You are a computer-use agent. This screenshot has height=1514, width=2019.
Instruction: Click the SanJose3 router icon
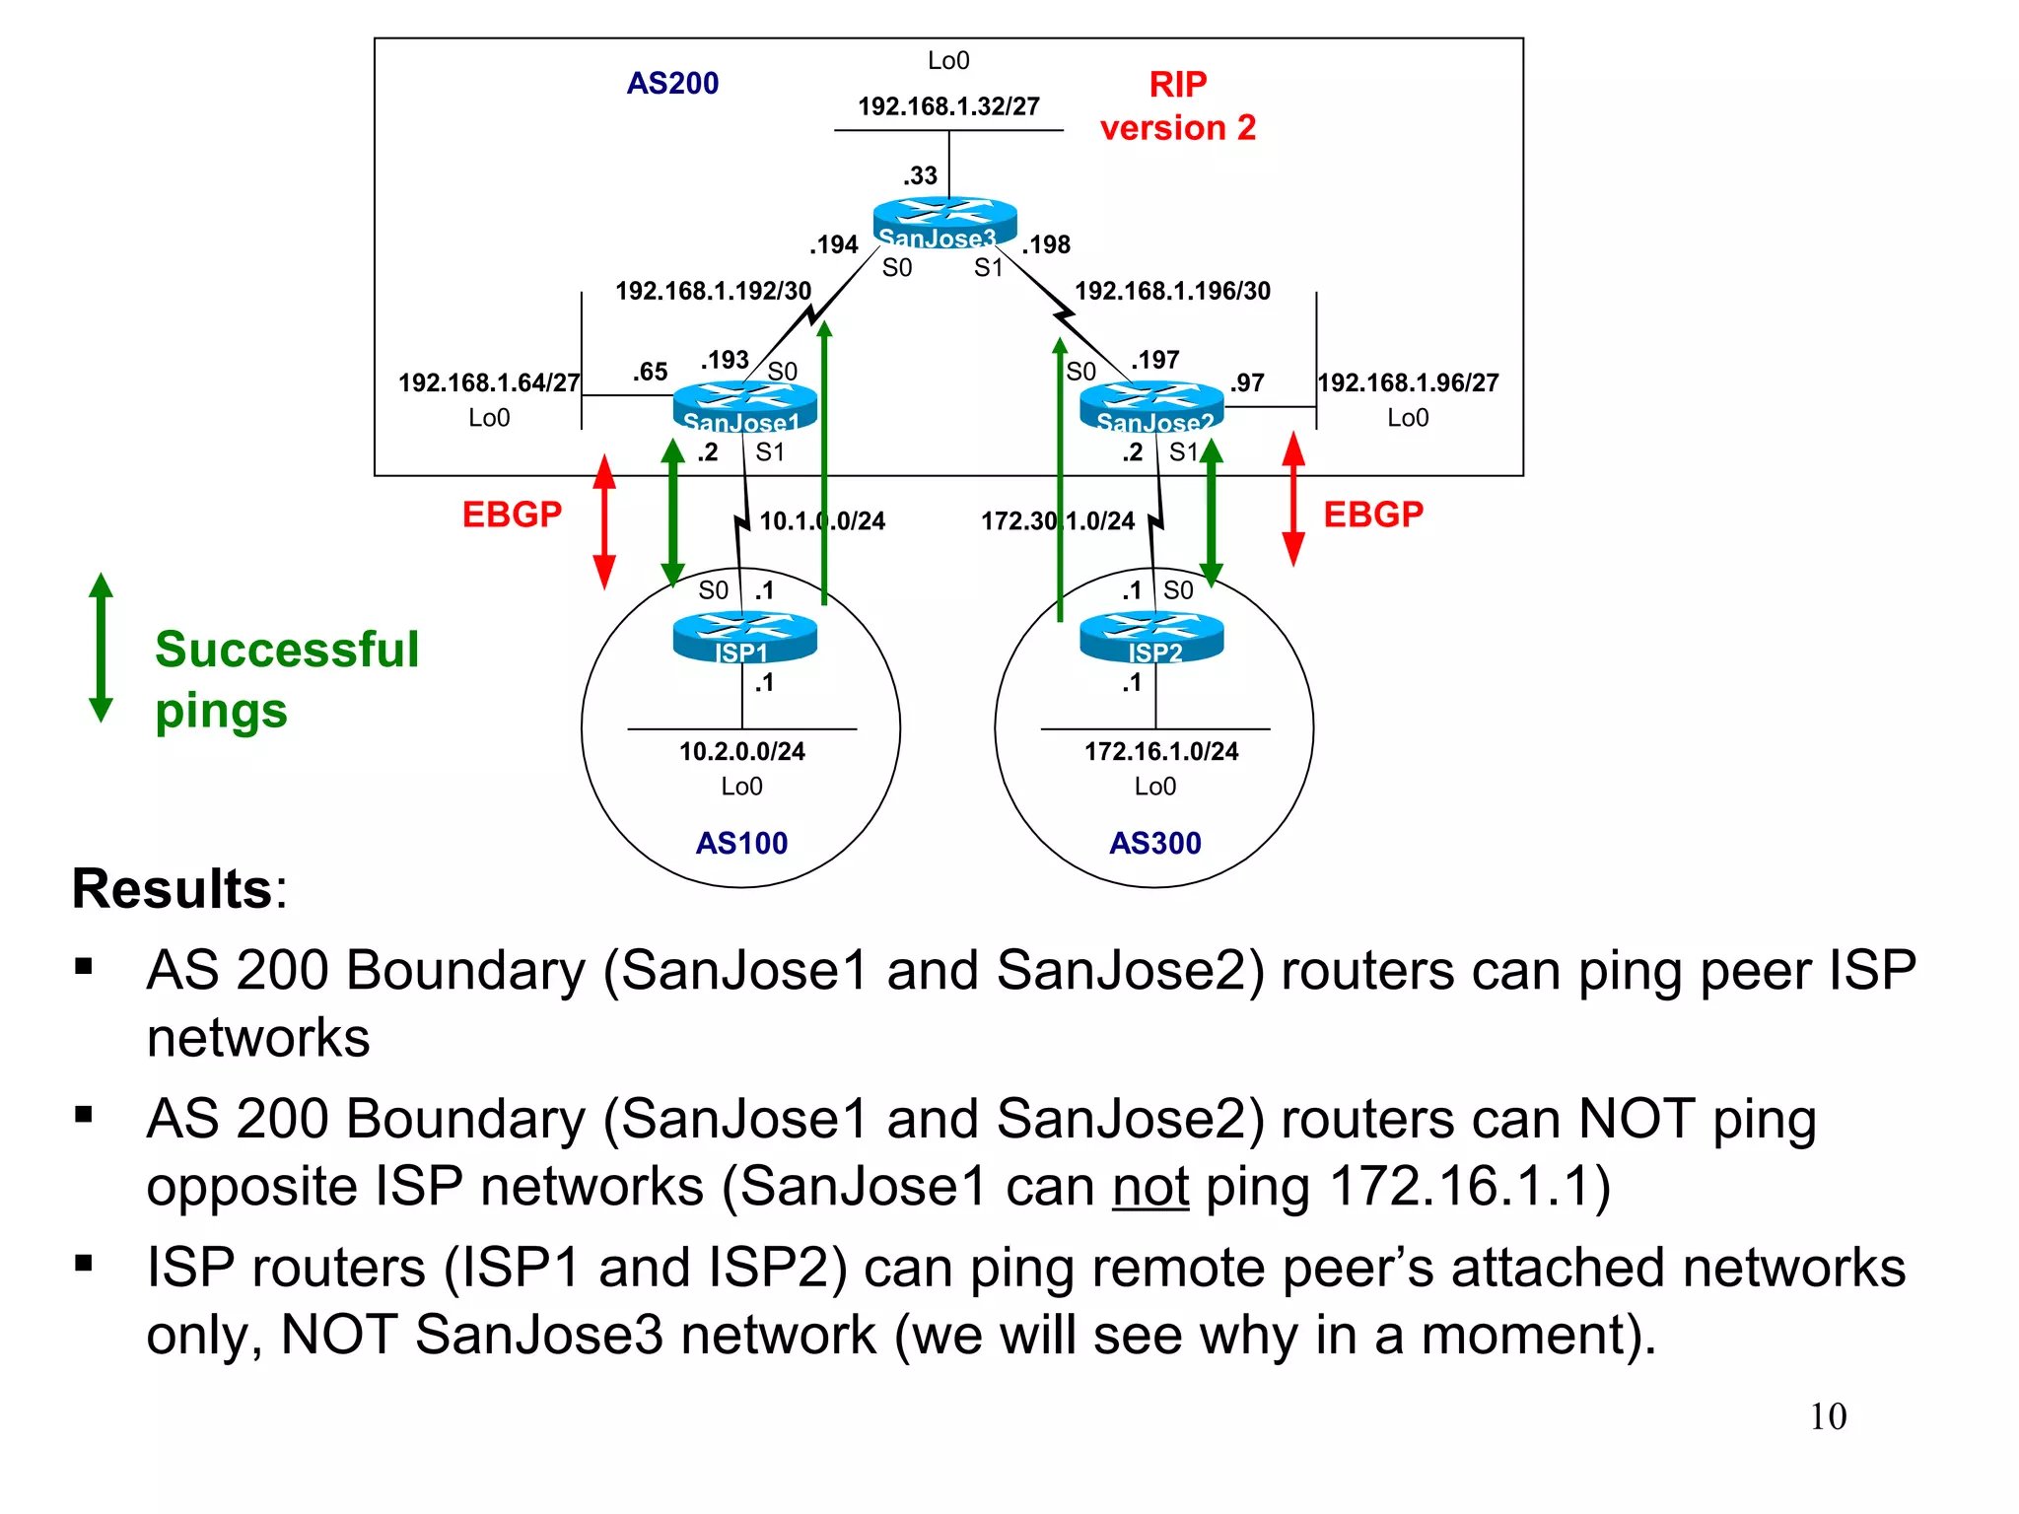coord(944,222)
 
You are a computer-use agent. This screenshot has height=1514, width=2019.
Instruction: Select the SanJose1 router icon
coord(744,406)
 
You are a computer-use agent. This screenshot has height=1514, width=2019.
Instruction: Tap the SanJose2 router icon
coord(1151,406)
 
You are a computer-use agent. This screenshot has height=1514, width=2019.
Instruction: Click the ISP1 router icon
coord(744,637)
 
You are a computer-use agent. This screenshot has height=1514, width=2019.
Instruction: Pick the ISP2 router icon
coord(1151,637)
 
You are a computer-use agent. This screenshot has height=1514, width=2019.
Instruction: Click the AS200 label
coord(672,83)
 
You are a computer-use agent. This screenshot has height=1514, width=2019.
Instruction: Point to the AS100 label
coord(741,843)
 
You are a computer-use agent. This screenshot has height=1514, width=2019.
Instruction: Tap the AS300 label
coord(1154,843)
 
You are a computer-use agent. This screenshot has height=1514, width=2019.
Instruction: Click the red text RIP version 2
coord(1177,106)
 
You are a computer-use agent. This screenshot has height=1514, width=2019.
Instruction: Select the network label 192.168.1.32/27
coord(948,106)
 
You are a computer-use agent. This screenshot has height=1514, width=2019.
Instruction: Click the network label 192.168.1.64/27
coord(489,382)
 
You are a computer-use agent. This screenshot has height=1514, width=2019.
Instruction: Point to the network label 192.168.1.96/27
coord(1408,382)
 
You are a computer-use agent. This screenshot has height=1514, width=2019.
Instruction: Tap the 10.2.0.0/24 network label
coord(741,751)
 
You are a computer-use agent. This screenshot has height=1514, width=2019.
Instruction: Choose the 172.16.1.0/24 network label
coord(1160,751)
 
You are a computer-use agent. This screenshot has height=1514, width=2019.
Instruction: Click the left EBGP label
coord(512,515)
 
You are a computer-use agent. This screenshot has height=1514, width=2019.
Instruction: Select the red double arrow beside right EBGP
coord(1293,500)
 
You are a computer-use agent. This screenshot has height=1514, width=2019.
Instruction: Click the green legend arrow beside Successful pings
coord(101,648)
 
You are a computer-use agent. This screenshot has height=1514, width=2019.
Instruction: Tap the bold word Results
coord(173,889)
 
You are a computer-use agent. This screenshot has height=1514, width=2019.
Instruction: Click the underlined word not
coord(1149,1186)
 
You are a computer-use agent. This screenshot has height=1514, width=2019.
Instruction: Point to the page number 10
coord(1827,1416)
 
